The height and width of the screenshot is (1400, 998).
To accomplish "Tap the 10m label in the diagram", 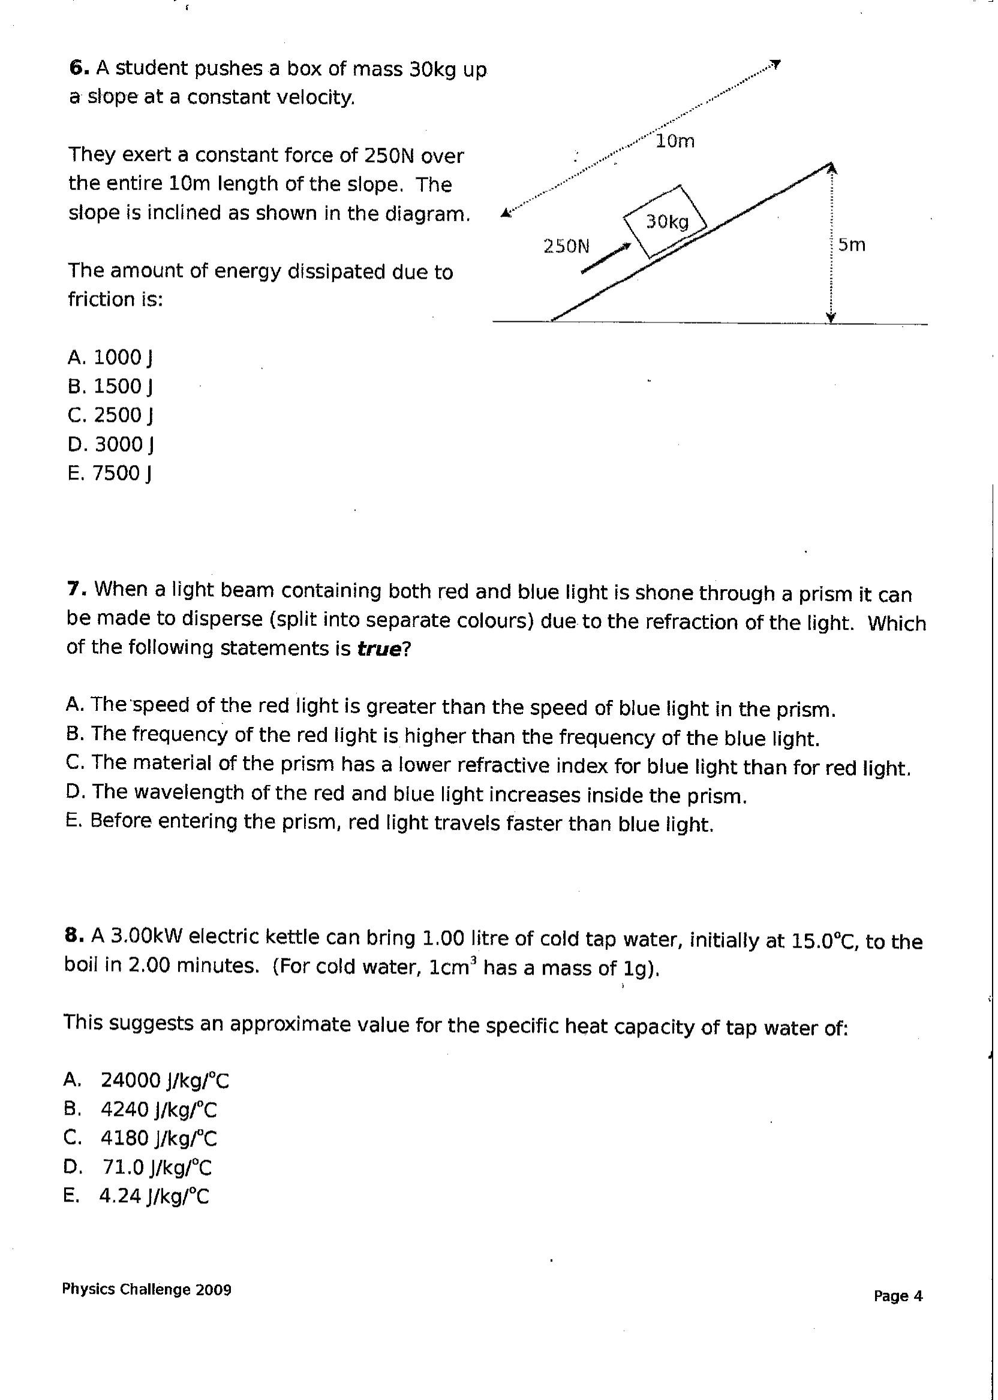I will (x=675, y=141).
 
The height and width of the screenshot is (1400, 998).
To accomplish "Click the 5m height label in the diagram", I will (x=852, y=245).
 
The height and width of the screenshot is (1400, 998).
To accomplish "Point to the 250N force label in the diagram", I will (x=566, y=246).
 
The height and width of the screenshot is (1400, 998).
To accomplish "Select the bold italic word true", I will (x=379, y=649).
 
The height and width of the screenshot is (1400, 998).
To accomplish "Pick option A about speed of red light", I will (x=450, y=707).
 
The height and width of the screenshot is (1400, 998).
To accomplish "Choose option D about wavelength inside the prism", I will (x=405, y=795).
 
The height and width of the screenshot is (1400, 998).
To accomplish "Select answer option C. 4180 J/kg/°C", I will (x=140, y=1139).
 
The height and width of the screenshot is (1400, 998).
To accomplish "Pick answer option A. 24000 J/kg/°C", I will (x=146, y=1081).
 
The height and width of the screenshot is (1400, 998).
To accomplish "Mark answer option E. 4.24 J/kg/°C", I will (x=136, y=1196).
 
